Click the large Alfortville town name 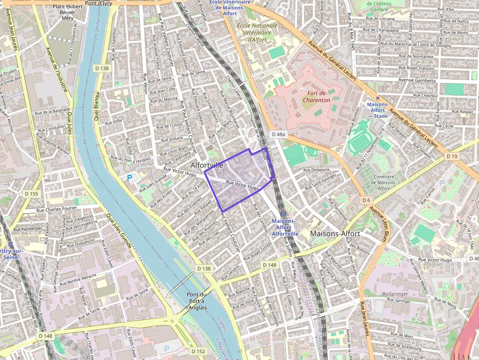click(207, 165)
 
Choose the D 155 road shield click(31, 194)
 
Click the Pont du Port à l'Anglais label click(197, 301)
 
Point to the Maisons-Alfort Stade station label click(377, 110)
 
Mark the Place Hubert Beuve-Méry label click(66, 13)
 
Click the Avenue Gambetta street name click(416, 80)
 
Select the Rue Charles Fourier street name click(57, 211)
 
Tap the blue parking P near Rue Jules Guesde click(130, 178)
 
